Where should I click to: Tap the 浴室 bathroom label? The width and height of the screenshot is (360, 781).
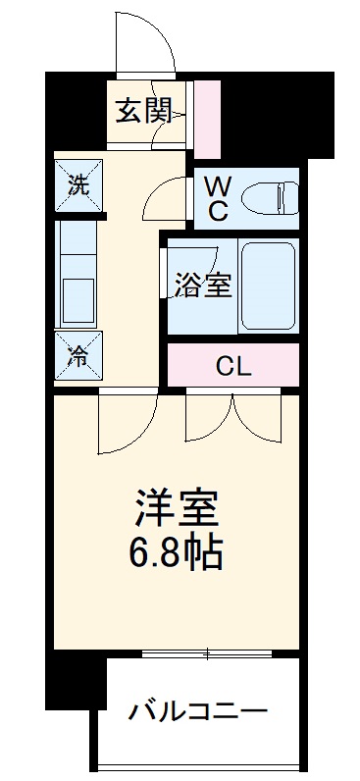pyautogui.click(x=203, y=286)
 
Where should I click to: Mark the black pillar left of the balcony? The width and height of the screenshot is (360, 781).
pyautogui.click(x=77, y=682)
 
